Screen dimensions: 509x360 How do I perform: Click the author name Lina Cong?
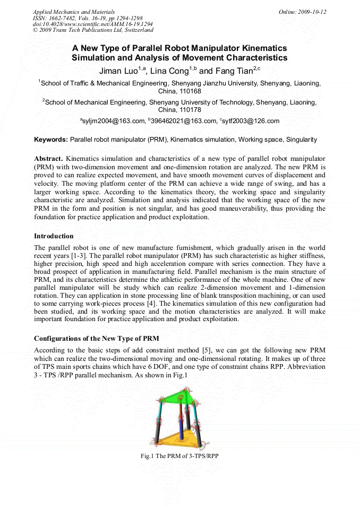170,71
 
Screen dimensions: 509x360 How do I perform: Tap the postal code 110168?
179,91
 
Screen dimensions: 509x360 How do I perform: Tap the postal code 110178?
179,110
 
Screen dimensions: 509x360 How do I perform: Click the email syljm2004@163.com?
113,122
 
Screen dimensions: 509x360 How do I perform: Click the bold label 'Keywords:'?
51,140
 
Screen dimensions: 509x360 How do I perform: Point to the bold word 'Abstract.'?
48,159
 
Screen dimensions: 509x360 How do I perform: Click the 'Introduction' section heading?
54,236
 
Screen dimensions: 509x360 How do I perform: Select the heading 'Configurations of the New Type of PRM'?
96,338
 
